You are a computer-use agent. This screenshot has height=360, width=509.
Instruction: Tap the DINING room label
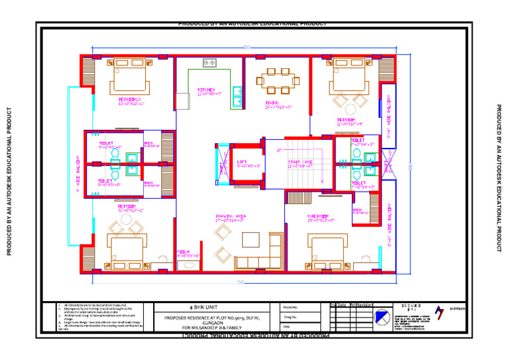(x=272, y=103)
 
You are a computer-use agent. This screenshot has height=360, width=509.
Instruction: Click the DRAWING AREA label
(x=231, y=216)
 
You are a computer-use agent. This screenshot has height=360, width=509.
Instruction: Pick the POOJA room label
(x=184, y=252)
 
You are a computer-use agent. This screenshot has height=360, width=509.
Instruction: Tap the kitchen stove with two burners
(x=209, y=62)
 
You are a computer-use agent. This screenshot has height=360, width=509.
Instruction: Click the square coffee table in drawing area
(x=251, y=239)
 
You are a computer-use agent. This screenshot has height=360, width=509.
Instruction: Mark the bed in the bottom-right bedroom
(x=327, y=251)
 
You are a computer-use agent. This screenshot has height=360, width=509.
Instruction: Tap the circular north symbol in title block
(x=383, y=319)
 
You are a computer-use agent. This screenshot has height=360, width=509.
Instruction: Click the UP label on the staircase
(x=279, y=150)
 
